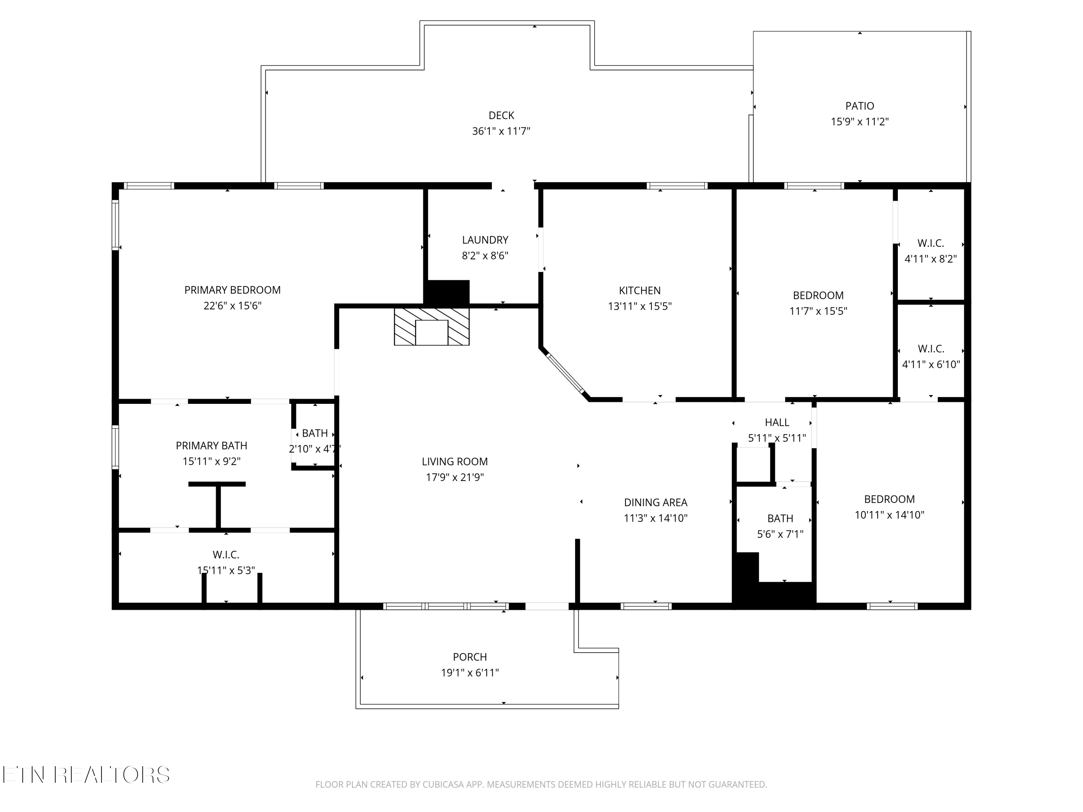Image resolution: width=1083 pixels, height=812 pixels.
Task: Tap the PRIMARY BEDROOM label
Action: [x=232, y=290]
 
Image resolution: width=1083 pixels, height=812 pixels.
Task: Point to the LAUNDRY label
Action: [x=485, y=240]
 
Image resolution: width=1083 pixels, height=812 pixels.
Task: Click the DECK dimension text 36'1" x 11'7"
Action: [x=501, y=131]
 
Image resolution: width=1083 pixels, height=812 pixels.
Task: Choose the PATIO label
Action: [x=860, y=106]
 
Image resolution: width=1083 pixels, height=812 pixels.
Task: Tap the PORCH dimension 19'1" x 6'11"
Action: [x=470, y=672]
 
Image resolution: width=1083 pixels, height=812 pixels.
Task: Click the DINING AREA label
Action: [x=656, y=502]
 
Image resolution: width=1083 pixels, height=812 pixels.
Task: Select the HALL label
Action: [x=777, y=422]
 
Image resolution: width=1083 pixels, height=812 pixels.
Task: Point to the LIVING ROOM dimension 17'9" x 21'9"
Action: [x=455, y=477]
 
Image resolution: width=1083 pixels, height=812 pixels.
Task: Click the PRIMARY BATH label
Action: [x=212, y=445]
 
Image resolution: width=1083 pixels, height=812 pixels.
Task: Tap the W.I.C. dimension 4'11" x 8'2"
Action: [x=931, y=259]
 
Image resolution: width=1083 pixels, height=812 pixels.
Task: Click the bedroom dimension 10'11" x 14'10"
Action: [x=890, y=515]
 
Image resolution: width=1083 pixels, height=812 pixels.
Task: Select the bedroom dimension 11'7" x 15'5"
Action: [x=818, y=311]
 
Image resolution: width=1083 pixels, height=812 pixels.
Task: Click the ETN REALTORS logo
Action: [x=86, y=775]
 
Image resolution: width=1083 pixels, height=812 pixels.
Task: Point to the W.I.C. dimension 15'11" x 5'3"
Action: [x=226, y=570]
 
